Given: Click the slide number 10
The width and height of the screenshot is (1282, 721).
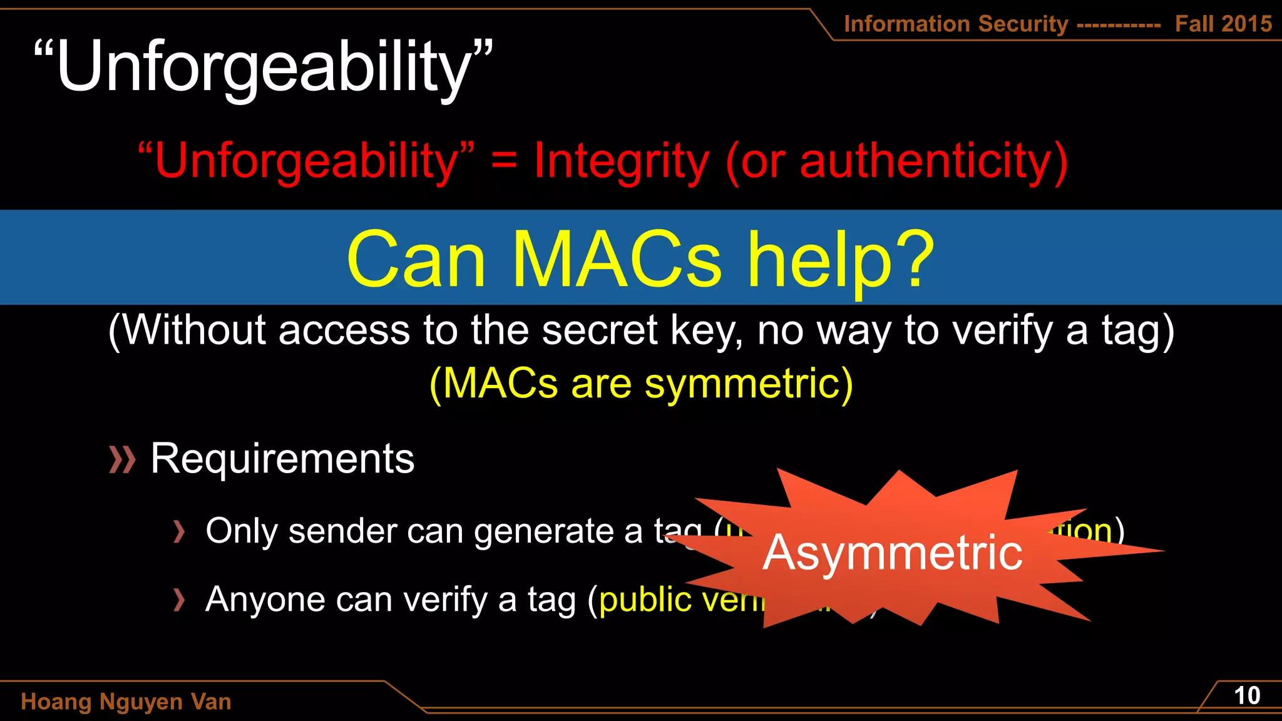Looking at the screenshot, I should tap(1246, 696).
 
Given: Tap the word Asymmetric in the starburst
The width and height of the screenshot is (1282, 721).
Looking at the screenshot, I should tap(892, 553).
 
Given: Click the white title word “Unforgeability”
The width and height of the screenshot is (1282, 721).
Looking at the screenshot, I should tap(263, 68).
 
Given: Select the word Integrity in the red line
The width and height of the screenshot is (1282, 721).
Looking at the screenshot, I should tap(621, 161).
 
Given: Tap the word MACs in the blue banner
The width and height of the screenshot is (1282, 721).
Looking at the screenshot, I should tap(617, 259).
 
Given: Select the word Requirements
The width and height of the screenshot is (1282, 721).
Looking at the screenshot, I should tap(282, 459).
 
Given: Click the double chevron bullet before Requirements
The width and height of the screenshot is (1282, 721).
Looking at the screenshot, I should tap(122, 460).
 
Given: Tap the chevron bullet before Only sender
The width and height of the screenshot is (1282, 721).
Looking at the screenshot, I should tap(180, 532).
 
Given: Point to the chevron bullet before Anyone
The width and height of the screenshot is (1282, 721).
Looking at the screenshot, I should tap(180, 600).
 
